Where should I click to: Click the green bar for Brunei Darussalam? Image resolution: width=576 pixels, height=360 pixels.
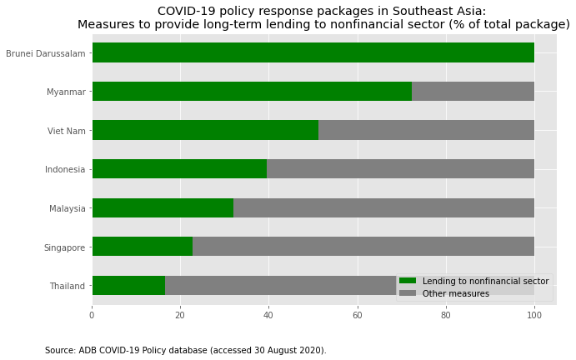[x=313, y=52]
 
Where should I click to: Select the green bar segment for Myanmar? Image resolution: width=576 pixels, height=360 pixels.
[x=252, y=92]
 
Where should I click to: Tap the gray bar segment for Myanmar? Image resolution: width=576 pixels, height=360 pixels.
[x=473, y=92]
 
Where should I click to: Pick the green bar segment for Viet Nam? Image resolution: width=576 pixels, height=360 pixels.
[x=205, y=130]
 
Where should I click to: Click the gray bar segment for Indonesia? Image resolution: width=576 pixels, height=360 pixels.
[x=400, y=169]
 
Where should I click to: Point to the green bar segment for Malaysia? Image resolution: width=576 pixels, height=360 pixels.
[x=163, y=208]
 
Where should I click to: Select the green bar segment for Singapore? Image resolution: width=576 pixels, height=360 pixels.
[x=142, y=247]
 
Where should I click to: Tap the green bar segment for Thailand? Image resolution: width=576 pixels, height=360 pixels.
[x=128, y=286]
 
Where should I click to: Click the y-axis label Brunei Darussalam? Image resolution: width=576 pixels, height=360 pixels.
[x=46, y=53]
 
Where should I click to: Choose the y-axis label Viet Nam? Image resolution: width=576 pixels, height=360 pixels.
[x=66, y=131]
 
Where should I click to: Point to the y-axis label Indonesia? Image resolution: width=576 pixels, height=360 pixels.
[x=65, y=170]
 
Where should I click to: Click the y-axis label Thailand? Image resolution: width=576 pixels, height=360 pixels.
[x=67, y=287]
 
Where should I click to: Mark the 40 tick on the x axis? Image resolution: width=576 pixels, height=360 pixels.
[x=269, y=315]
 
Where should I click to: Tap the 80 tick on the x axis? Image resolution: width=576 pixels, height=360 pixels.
[x=446, y=315]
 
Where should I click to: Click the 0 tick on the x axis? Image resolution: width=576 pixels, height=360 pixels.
[x=92, y=315]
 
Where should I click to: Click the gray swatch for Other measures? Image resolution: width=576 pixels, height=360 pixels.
[x=408, y=293]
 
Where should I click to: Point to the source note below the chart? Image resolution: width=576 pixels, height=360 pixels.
[x=185, y=350]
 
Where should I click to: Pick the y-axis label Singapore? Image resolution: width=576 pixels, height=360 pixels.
[x=64, y=247]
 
